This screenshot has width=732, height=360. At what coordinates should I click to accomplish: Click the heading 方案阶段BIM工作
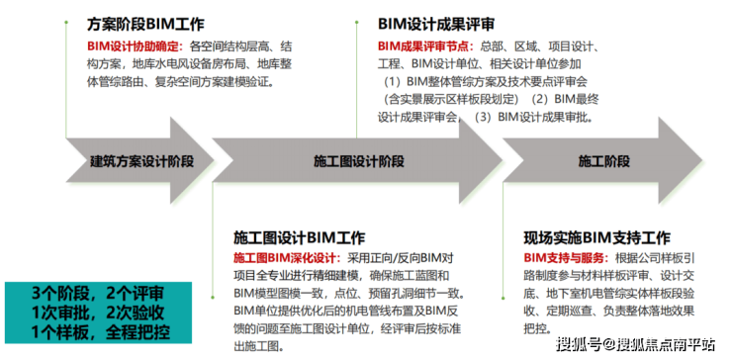tap(145, 25)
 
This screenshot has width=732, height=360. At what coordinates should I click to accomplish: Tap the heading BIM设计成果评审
tap(436, 25)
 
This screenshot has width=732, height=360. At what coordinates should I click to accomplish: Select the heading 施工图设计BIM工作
tap(299, 237)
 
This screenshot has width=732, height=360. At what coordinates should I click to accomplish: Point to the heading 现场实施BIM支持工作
tap(597, 237)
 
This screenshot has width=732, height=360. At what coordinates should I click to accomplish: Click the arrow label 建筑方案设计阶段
tap(141, 161)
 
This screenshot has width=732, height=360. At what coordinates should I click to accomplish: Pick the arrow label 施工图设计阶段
tap(358, 161)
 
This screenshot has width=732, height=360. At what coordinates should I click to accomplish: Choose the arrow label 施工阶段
tap(604, 161)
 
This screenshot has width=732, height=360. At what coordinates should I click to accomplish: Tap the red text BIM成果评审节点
tap(425, 46)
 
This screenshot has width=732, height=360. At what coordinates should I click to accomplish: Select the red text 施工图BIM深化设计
tap(288, 258)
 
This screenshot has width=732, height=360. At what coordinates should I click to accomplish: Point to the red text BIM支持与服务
tap(566, 258)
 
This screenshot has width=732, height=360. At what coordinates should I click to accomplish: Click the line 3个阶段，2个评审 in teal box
tap(98, 294)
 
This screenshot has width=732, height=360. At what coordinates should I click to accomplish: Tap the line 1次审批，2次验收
tap(98, 313)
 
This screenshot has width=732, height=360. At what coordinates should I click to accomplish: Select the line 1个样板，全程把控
tap(100, 332)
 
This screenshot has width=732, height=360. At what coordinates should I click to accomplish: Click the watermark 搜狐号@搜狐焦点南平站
tap(635, 344)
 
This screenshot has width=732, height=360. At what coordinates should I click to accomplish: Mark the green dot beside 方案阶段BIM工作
tap(66, 22)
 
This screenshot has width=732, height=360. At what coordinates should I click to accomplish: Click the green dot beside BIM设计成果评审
tap(357, 22)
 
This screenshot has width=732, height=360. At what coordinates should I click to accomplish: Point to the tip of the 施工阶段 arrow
tap(702, 160)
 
